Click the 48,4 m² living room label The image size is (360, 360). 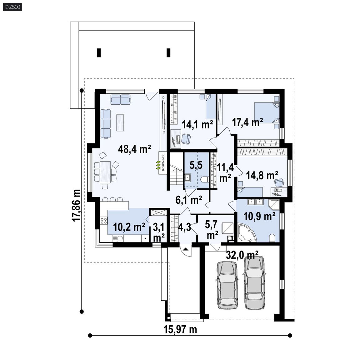134,149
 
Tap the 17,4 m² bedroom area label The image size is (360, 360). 247,122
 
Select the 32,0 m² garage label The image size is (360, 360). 242,255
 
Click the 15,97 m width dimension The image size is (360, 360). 180,330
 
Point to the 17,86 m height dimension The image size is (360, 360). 76,206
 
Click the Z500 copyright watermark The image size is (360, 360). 12,7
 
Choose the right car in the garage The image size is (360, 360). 254,282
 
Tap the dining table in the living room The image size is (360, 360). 105,172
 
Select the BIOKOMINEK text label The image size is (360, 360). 163,163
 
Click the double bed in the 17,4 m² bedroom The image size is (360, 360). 267,112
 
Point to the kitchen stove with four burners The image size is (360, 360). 104,221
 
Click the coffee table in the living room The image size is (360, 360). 120,122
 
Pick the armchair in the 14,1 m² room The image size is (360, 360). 186,139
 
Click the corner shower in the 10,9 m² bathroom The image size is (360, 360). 273,205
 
